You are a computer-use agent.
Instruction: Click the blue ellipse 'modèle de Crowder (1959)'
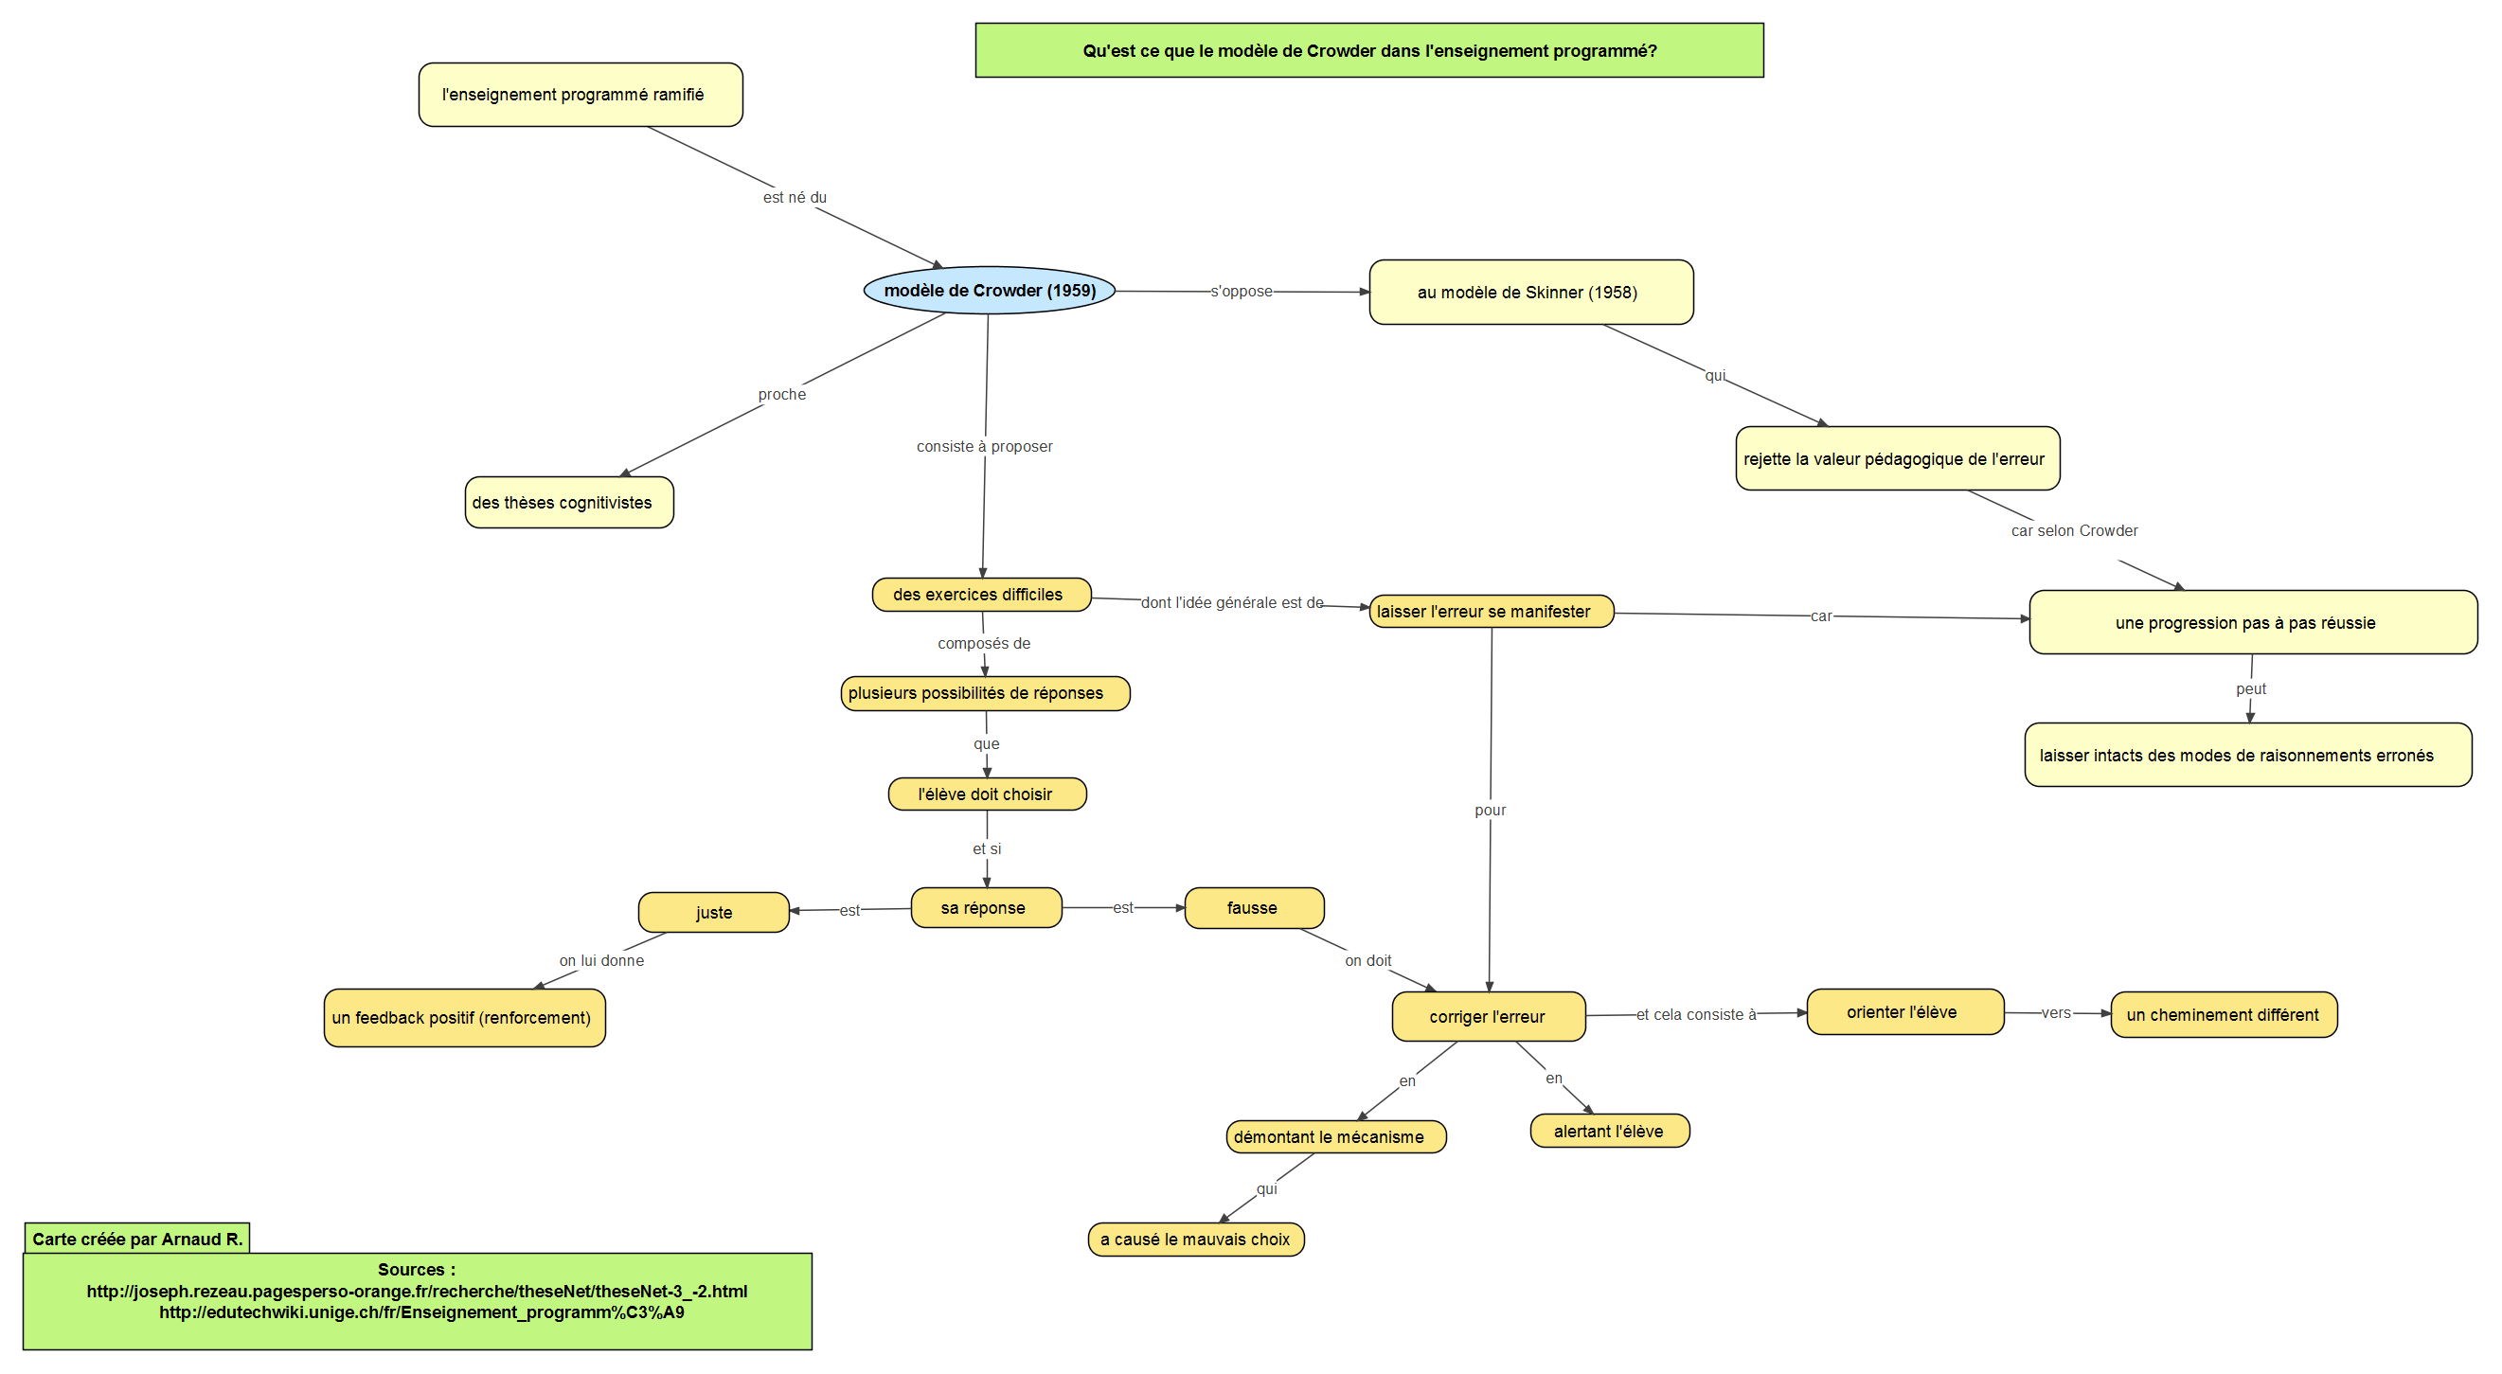[x=989, y=291]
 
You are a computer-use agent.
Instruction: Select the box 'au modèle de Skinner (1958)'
[x=1530, y=293]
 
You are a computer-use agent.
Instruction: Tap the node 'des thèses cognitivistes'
[x=569, y=503]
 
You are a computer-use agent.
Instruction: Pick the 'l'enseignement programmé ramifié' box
[x=581, y=95]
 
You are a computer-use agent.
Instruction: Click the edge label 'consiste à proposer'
[x=984, y=447]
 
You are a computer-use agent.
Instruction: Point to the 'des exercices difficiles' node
[x=982, y=595]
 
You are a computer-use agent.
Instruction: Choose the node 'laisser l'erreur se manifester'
[x=1492, y=612]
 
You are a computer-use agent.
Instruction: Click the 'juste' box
[x=714, y=913]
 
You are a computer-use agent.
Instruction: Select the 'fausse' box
[x=1255, y=908]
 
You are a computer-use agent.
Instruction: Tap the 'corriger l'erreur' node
[x=1489, y=1017]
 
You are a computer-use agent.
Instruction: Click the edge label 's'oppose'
[x=1242, y=292]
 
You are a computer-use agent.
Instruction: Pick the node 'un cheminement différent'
[x=2225, y=1015]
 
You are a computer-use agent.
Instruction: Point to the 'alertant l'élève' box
[x=1610, y=1132]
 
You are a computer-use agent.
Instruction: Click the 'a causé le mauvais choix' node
[x=1197, y=1240]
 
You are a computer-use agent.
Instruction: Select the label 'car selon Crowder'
[x=2075, y=531]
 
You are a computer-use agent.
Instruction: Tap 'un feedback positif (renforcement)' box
[x=464, y=1018]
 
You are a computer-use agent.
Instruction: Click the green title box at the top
[x=1369, y=50]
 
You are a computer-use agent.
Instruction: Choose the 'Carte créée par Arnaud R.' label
[x=137, y=1239]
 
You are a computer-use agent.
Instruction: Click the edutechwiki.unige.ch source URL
[x=421, y=1312]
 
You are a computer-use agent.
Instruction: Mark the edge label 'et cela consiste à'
[x=1697, y=1015]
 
